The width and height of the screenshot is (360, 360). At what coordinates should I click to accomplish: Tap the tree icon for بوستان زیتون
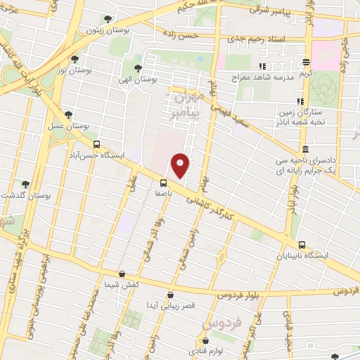point(107,20)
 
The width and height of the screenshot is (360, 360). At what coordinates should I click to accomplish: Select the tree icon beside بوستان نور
point(75,58)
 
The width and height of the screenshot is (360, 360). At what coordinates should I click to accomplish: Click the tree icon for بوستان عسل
point(67,113)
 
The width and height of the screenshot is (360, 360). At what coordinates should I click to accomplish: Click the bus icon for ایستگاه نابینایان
point(301,243)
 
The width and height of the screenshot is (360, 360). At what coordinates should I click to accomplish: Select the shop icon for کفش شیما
point(123,274)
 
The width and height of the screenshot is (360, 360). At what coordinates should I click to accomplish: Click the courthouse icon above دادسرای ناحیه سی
point(305,150)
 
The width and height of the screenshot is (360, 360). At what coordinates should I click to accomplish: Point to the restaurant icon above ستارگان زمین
point(300,101)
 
